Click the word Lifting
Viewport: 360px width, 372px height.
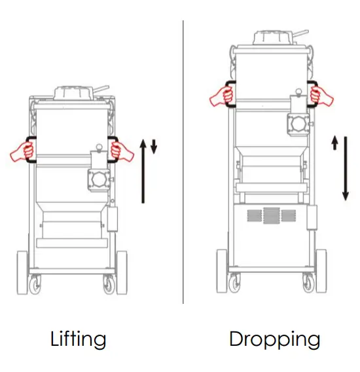78,339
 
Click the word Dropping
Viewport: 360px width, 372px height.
274,339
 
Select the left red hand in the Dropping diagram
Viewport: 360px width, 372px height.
222,96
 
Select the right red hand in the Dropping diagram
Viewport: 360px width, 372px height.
321,96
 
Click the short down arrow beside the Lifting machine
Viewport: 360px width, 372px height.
154,145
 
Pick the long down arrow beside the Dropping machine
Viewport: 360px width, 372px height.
345,170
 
